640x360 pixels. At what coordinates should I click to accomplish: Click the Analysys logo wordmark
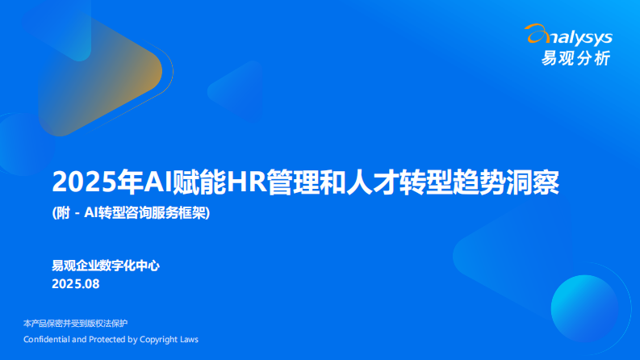[574, 37]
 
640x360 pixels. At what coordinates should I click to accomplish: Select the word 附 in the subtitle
[63, 213]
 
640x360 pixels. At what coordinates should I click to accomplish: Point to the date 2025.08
[75, 284]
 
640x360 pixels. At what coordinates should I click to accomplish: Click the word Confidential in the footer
[47, 339]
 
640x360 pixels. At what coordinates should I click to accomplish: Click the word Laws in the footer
[187, 339]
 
